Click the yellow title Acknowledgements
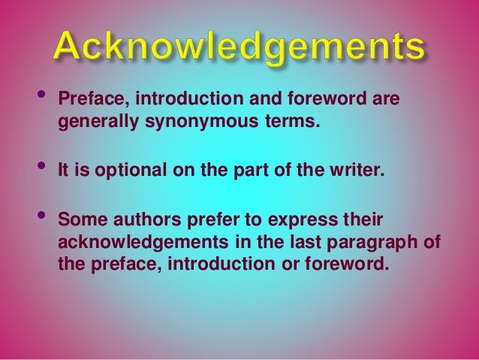pyautogui.click(x=239, y=47)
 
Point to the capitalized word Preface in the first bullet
pyautogui.click(x=87, y=99)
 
